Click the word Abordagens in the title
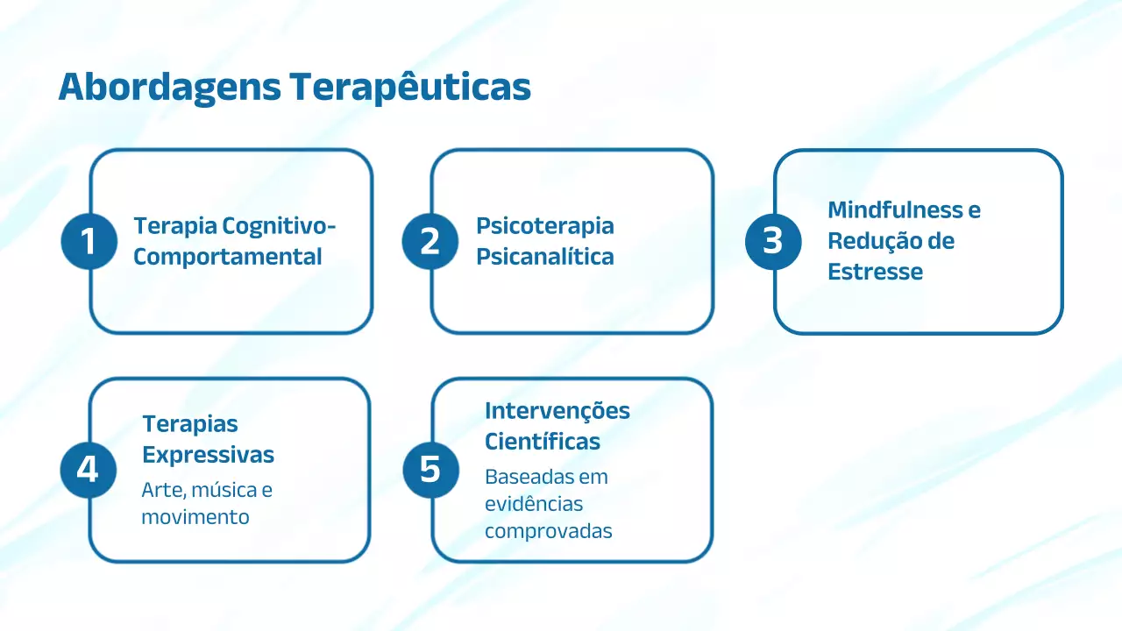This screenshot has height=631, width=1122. [168, 89]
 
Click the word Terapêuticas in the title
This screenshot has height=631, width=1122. [409, 89]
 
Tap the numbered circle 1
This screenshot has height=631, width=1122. [89, 241]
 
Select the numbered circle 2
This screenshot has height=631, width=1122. [430, 241]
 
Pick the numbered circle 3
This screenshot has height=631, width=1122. [772, 241]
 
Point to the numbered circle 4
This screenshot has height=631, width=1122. [88, 470]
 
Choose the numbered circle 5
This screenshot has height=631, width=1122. [430, 470]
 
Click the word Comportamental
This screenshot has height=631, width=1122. [228, 257]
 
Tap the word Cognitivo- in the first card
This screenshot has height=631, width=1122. [280, 226]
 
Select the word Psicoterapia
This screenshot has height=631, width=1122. [544, 226]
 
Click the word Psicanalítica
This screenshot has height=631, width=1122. [544, 257]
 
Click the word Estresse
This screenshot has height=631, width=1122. [875, 272]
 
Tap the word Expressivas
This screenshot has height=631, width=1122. [209, 456]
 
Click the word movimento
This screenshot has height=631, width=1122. [195, 517]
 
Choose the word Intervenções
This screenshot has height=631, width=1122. [557, 411]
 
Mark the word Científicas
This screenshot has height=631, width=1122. [543, 442]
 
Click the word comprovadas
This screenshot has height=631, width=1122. [548, 531]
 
